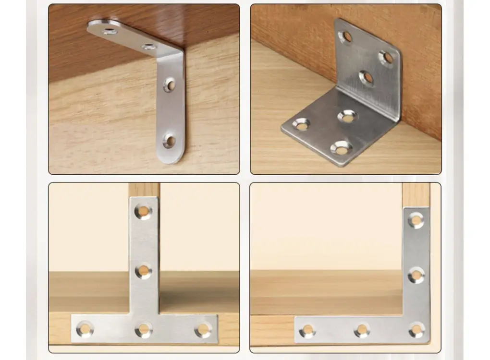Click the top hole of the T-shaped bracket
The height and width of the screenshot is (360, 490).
pos(143,211)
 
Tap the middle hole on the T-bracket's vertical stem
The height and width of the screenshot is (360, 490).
pos(143,271)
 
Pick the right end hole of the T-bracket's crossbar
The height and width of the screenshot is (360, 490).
pos(203,329)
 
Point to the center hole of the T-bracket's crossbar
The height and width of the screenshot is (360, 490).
pos(143,329)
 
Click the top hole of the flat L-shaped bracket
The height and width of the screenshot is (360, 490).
pos(416,220)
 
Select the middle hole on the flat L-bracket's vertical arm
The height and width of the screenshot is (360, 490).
pos(416,275)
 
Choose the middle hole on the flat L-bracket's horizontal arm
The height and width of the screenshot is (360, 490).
pos(362,330)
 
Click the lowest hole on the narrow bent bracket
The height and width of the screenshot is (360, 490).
pos(170,141)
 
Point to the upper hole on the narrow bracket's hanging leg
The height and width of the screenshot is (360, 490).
pos(170,85)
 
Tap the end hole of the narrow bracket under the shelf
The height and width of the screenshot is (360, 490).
pos(110,32)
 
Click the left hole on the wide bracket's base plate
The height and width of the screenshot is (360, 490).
pos(301,124)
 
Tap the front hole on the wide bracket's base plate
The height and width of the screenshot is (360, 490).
pos(342,148)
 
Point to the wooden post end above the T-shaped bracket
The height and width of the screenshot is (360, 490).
pos(144,189)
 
